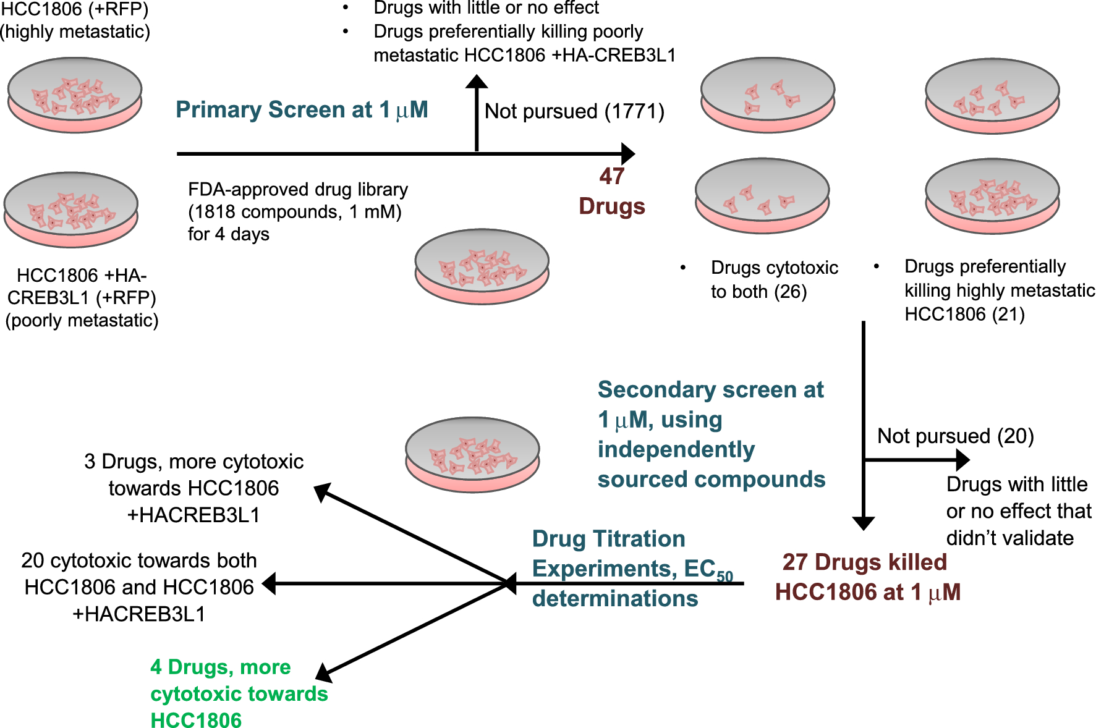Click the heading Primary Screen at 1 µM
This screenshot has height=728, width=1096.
tap(302, 110)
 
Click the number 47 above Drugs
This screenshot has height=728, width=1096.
tap(611, 177)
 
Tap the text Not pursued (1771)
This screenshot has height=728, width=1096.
tap(574, 111)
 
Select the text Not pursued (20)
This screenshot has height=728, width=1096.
tap(955, 436)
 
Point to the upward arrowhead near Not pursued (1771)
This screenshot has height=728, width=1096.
tap(477, 82)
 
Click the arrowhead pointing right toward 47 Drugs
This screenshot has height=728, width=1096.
tap(628, 153)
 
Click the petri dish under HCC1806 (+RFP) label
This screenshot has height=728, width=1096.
tap(75, 95)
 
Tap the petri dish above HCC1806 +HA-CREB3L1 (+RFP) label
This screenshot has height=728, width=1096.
tap(71, 210)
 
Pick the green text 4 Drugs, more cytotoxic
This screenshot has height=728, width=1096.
tap(220, 667)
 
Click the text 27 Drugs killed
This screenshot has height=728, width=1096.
tap(864, 562)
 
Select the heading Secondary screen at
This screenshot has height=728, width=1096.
tap(710, 390)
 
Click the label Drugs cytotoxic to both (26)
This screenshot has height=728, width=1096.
tap(773, 279)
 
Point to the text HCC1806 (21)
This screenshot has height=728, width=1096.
tap(964, 315)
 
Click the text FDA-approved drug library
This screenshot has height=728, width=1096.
tap(298, 189)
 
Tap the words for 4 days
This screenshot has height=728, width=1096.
tap(229, 235)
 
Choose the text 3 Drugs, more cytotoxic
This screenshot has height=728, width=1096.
tap(193, 462)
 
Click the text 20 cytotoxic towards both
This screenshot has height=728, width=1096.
tap(138, 561)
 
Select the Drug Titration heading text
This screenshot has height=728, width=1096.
tap(608, 539)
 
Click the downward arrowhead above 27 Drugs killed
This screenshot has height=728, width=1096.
tap(863, 523)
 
